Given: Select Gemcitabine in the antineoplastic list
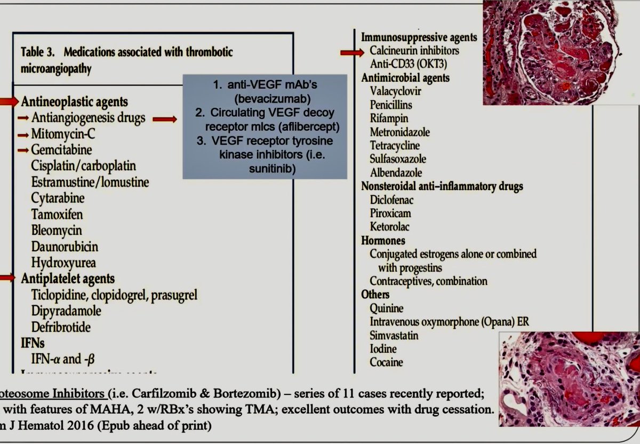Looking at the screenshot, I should [x=61, y=150].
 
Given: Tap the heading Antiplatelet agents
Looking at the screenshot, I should [x=68, y=279].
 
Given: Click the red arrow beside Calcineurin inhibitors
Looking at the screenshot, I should [x=353, y=52].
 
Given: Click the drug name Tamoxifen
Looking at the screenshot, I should [x=57, y=215].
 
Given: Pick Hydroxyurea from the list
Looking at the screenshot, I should [x=63, y=263].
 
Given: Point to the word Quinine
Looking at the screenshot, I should [x=387, y=308].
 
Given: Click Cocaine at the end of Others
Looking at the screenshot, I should [x=387, y=362].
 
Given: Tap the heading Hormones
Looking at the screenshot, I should [x=383, y=241].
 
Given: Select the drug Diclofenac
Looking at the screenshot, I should [x=392, y=200].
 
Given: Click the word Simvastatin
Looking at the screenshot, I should [x=394, y=336].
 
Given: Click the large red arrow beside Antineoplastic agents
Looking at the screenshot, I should [x=9, y=100].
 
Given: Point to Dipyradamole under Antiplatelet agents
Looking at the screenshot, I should [x=66, y=311].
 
